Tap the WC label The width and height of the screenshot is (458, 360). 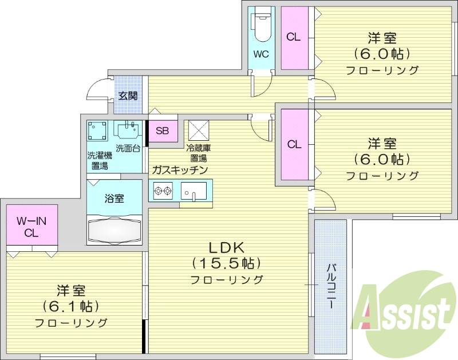pos(261,55)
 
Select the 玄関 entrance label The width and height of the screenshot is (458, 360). pos(127,96)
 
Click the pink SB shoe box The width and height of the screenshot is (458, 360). pos(163,130)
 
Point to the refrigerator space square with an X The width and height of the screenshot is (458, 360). pos(199,130)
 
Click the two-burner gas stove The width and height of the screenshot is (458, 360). pos(163,190)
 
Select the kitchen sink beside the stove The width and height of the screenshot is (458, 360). pos(194,191)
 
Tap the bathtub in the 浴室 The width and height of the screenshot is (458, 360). pos(114,230)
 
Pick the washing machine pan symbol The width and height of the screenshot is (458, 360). pos(97,131)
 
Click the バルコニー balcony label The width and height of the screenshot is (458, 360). pos(331,284)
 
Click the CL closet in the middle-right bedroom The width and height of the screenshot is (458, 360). pos(294,144)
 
